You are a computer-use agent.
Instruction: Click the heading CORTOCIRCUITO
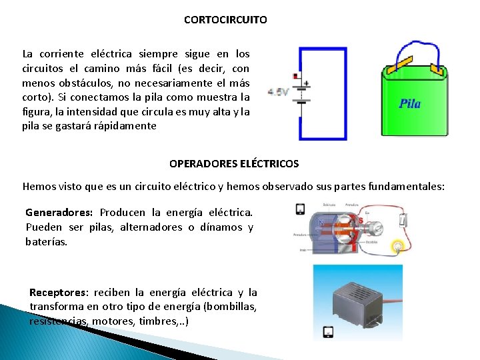[x=225, y=20]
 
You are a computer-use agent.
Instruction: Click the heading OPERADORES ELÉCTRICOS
[x=234, y=163]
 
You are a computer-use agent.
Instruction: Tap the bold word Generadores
[x=59, y=213]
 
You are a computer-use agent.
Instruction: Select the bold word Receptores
[x=58, y=292]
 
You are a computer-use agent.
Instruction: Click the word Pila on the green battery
[x=409, y=103]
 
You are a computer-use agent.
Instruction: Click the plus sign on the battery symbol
[x=306, y=83]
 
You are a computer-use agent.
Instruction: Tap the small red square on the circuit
[x=295, y=75]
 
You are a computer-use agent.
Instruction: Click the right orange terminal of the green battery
[x=437, y=68]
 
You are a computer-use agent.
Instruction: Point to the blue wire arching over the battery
[x=415, y=46]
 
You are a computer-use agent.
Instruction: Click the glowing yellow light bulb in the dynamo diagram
[x=398, y=247]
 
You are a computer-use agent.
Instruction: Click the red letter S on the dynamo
[x=361, y=220]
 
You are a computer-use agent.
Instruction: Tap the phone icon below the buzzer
[x=328, y=331]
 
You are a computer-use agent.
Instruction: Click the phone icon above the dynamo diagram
[x=301, y=209]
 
